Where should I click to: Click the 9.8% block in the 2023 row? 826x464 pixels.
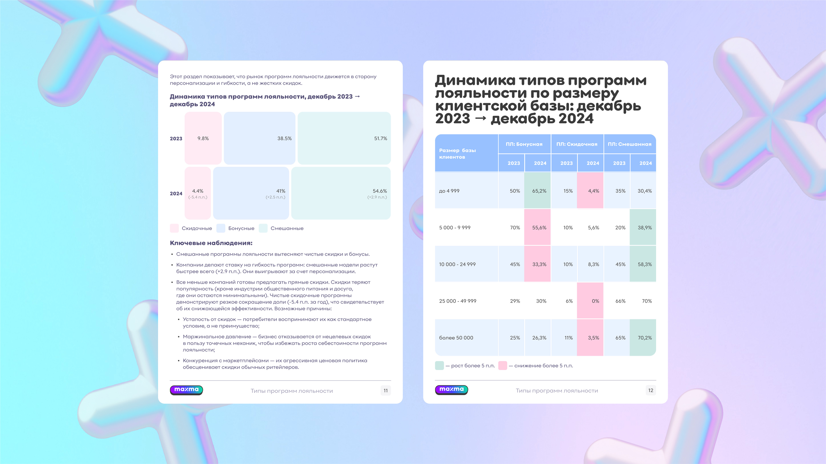203,138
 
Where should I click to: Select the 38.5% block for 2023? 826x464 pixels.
259,138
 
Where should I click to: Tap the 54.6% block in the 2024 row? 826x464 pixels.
341,193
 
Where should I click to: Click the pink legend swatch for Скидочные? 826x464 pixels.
174,228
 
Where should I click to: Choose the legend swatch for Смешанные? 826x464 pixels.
263,228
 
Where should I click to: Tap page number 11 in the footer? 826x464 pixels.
385,391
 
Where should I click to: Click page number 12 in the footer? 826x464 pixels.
651,390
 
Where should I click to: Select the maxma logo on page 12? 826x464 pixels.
451,390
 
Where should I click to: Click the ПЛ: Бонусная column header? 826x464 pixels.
524,144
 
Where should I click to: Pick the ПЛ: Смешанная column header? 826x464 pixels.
630,144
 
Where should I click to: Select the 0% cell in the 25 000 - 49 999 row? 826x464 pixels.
590,301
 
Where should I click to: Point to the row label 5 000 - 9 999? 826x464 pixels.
455,228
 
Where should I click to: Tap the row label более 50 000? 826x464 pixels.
456,338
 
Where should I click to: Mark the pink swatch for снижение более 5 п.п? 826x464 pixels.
503,366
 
